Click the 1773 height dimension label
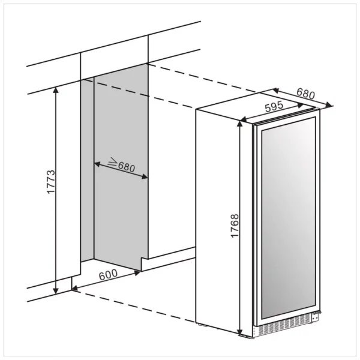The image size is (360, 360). pyautogui.click(x=51, y=182)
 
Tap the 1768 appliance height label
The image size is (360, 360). pyautogui.click(x=235, y=226)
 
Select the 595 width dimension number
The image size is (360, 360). pyautogui.click(x=274, y=107)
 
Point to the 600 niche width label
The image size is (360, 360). pyautogui.click(x=108, y=275)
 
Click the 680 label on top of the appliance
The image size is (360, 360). pyautogui.click(x=305, y=94)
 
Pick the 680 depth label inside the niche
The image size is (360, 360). pyautogui.click(x=126, y=167)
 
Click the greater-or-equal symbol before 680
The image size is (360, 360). pyautogui.click(x=113, y=162)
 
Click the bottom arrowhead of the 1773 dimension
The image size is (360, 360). pyautogui.click(x=56, y=291)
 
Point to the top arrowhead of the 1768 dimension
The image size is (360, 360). pyautogui.click(x=239, y=124)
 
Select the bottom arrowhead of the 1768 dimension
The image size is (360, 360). pyautogui.click(x=239, y=332)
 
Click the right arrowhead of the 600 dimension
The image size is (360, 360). pyautogui.click(x=137, y=273)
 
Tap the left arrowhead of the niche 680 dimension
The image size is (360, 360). pyautogui.click(x=97, y=164)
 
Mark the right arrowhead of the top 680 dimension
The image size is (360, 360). pyautogui.click(x=329, y=105)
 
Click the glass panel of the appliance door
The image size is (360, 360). pyautogui.click(x=289, y=218)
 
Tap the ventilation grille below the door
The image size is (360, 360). pyautogui.click(x=284, y=326)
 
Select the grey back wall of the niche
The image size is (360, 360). pyautogui.click(x=121, y=167)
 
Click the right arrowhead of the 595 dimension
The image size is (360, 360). pyautogui.click(x=301, y=106)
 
